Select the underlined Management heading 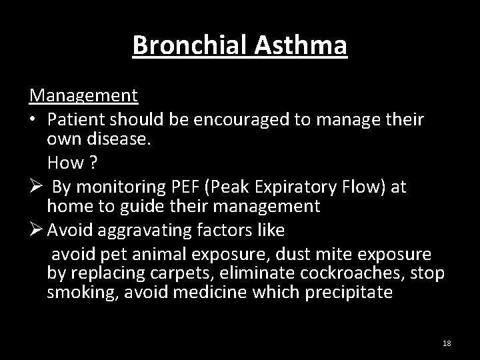click(x=83, y=95)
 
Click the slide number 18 click(x=447, y=343)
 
